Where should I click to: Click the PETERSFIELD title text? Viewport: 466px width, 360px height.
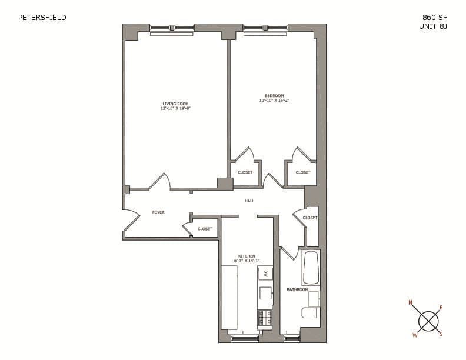click(x=42, y=18)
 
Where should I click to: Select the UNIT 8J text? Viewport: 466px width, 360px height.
click(x=433, y=26)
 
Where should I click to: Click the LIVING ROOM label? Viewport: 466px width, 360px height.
click(x=175, y=104)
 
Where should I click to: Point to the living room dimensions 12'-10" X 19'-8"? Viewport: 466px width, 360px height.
click(x=175, y=109)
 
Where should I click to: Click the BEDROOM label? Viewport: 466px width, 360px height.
click(x=274, y=96)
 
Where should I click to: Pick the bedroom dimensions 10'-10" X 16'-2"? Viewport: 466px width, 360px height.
click(x=274, y=101)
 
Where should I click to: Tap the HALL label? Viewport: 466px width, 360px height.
click(x=249, y=201)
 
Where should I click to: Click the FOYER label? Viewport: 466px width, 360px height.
click(x=158, y=212)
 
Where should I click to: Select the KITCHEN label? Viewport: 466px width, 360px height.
click(x=247, y=256)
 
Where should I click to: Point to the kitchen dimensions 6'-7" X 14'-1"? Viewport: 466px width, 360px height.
click(x=247, y=261)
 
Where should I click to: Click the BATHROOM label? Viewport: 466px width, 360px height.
click(x=297, y=290)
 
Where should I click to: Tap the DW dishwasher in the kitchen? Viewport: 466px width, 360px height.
click(x=266, y=274)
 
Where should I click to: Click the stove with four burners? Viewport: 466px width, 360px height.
click(x=265, y=318)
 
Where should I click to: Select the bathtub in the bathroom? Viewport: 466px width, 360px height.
click(x=311, y=268)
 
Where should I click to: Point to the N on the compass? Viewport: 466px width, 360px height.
click(x=411, y=303)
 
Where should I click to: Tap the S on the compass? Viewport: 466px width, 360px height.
click(x=441, y=334)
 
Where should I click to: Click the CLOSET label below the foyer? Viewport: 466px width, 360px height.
click(x=205, y=229)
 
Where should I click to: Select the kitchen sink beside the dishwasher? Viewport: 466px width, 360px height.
click(x=266, y=293)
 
